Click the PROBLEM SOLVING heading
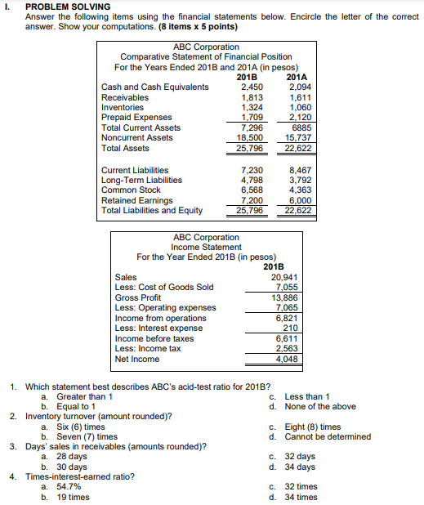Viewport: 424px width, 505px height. tap(68, 7)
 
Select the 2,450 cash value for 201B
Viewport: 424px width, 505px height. tap(251, 86)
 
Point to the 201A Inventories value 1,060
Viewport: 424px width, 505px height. tap(301, 106)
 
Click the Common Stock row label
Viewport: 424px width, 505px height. tap(131, 190)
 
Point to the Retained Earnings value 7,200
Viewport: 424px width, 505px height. tap(251, 200)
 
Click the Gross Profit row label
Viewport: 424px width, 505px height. tap(138, 297)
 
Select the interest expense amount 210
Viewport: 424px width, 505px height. tap(290, 328)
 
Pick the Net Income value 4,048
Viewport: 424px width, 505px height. tap(288, 359)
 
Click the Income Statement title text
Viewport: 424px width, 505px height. tap(206, 247)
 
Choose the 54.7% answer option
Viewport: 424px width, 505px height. tap(69, 486)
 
